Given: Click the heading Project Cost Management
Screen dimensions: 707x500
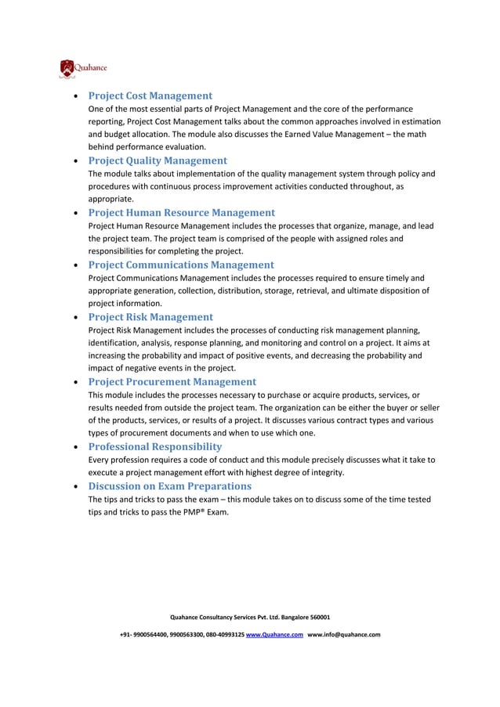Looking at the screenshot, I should (150, 96).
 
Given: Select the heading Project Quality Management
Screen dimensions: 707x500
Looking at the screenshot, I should (157, 161).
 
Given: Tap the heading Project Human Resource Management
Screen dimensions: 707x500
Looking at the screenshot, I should (181, 212).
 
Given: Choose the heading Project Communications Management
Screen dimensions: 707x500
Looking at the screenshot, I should (180, 265).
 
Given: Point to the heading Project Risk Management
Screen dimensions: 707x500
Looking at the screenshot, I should (150, 317).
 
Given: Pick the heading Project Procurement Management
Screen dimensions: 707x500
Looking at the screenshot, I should (172, 381).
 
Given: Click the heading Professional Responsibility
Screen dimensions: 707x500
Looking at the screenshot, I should (154, 446).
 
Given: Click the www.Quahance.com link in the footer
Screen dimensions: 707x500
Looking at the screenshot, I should (274, 634).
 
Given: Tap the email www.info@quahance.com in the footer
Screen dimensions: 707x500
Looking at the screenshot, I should (344, 634).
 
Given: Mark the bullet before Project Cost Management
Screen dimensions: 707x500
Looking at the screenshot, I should (74, 97).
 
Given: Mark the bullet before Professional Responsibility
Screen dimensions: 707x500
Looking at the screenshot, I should (74, 448).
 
